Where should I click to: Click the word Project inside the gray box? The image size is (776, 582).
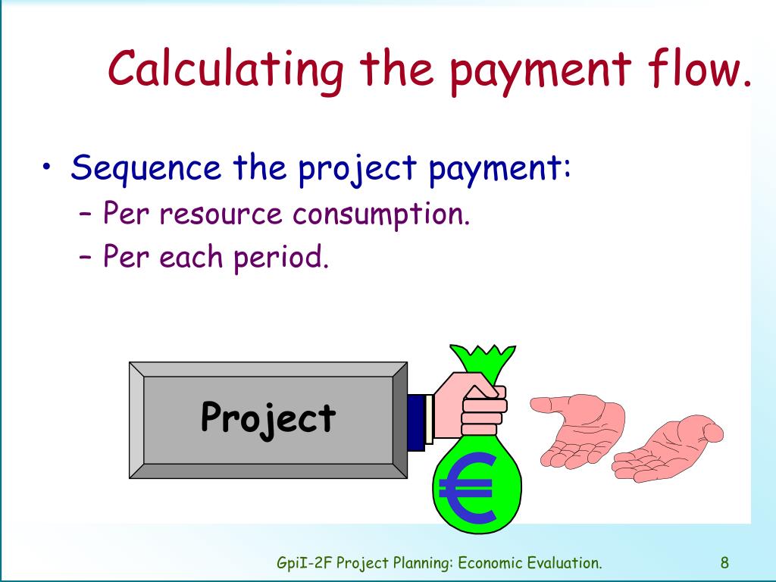point(268,417)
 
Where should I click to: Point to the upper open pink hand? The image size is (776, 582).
point(579,424)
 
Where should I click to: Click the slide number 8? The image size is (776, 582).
point(725,562)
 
